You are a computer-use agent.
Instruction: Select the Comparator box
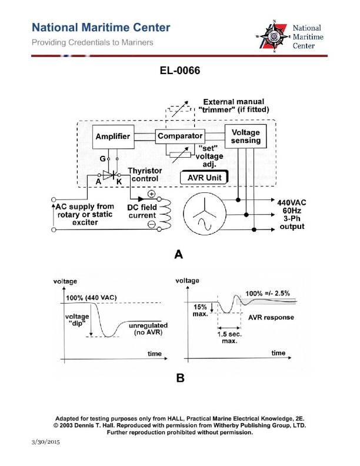coord(180,136)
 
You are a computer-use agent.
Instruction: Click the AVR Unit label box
coord(203,177)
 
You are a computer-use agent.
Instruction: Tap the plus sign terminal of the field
coord(151,194)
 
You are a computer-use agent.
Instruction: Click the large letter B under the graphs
coord(180,378)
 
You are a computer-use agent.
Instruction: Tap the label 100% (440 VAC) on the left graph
coord(92,298)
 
